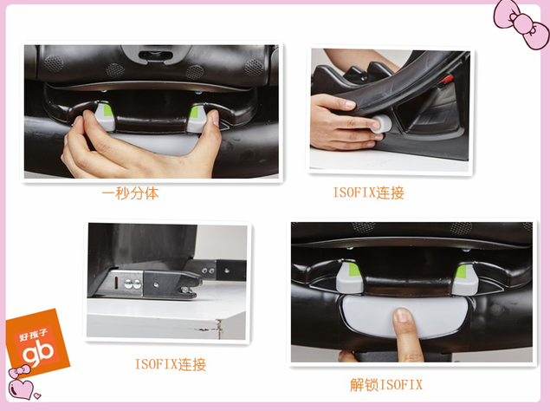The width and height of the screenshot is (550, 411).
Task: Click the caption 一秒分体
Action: point(130,193)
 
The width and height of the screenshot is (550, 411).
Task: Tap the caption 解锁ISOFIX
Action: point(385,385)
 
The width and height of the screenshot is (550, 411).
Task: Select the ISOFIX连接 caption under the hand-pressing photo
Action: point(369,192)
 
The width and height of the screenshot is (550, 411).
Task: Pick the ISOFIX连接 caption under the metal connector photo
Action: point(171,364)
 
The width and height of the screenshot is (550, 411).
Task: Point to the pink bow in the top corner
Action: point(521,23)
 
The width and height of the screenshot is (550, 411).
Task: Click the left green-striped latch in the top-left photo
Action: point(105,116)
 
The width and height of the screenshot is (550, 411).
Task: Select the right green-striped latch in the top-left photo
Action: point(197,118)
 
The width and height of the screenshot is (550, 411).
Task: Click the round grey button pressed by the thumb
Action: point(381,124)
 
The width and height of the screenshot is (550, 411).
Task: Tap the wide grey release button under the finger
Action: point(404,315)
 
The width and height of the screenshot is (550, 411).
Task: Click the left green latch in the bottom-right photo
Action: point(349,277)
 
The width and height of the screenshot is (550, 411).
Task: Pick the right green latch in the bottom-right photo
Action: point(464,279)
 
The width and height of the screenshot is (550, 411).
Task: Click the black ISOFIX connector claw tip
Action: point(194,286)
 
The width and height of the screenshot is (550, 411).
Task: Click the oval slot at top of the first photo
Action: point(153,55)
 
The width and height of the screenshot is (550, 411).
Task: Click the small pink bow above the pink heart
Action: point(19,371)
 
